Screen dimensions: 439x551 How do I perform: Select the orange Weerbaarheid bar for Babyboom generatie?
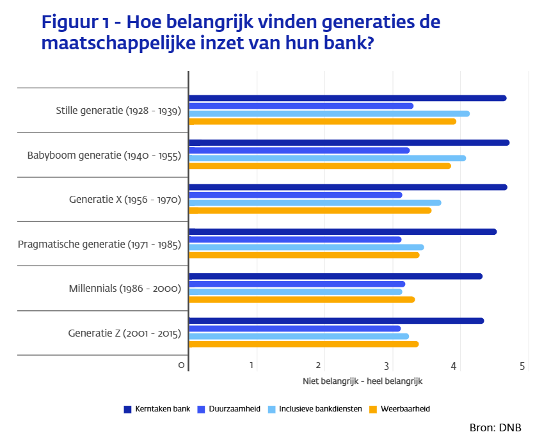click(320, 166)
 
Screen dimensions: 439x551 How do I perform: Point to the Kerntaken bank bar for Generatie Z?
click(337, 321)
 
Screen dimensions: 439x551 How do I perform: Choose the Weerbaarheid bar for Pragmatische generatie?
click(304, 255)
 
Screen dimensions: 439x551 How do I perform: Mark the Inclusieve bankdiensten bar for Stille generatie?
click(329, 113)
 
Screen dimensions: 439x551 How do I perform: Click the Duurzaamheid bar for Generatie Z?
click(294, 328)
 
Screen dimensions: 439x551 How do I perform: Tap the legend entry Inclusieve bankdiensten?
click(314, 408)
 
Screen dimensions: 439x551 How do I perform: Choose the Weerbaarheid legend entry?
click(401, 408)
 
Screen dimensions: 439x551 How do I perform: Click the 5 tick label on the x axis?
click(522, 365)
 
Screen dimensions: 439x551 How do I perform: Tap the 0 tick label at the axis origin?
click(182, 365)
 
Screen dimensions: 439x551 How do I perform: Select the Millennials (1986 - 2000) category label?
click(125, 289)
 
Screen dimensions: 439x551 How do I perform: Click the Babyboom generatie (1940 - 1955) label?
click(104, 155)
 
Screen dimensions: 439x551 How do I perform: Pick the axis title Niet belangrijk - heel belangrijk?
click(363, 381)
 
